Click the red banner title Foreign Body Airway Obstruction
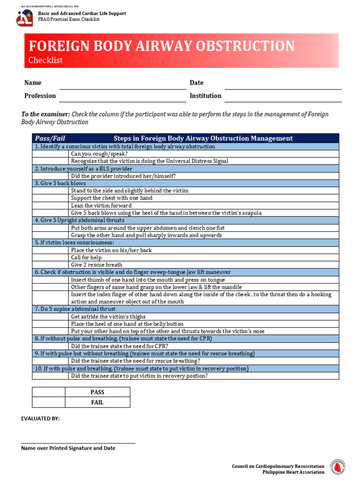(x=162, y=46)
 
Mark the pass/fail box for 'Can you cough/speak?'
(x=50, y=154)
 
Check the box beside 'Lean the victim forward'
(x=50, y=206)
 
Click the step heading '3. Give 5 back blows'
(x=60, y=183)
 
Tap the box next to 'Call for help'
(x=50, y=257)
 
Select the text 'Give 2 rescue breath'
(x=96, y=265)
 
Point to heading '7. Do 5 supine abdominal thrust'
(x=75, y=309)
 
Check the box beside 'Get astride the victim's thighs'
(x=50, y=317)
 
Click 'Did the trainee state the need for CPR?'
(x=119, y=346)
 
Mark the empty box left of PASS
(x=48, y=392)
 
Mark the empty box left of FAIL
(x=48, y=403)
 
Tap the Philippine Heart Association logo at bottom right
(x=337, y=467)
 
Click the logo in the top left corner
(x=24, y=18)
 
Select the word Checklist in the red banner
(x=45, y=60)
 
